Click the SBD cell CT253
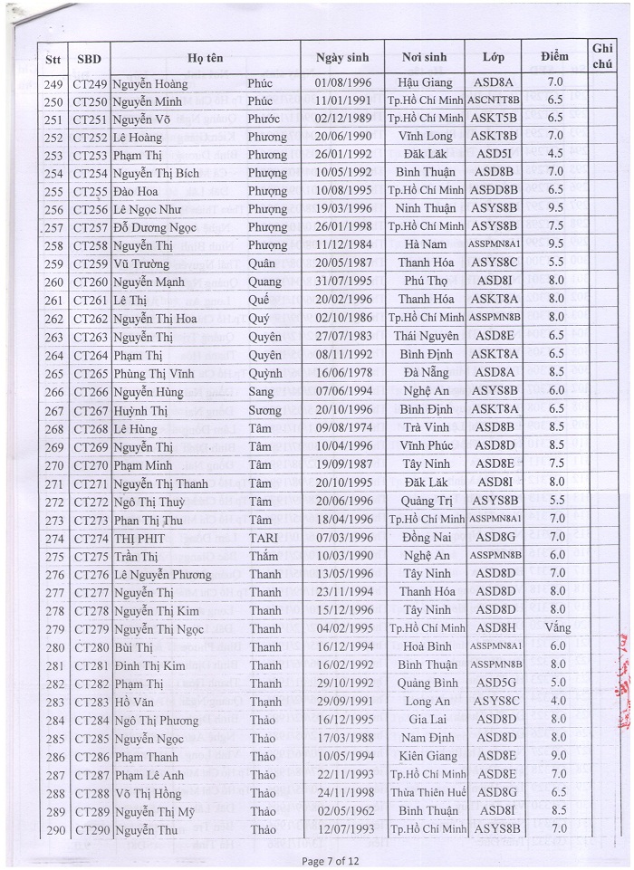pos(91,155)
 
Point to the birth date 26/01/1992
pos(345,155)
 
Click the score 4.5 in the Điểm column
pos(555,155)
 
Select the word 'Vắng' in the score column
pos(556,628)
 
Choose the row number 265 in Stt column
pos(53,373)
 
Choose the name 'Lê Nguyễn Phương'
pos(163,574)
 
